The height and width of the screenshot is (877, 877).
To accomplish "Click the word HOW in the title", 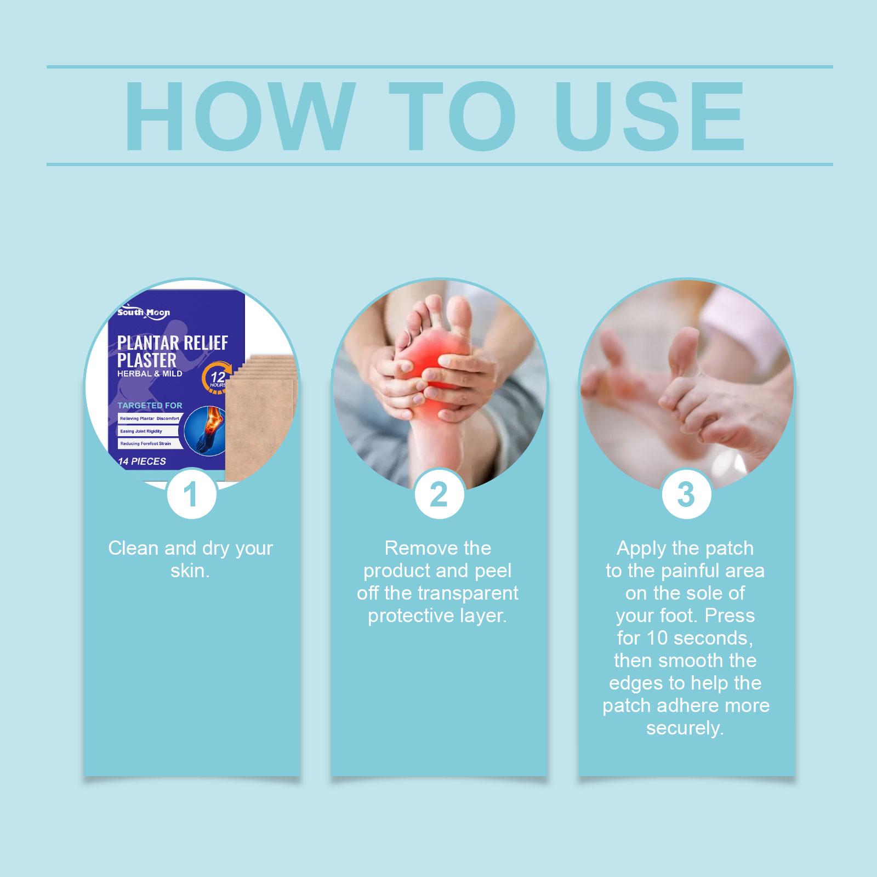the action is (x=237, y=117).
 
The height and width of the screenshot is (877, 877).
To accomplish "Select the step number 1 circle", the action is (x=190, y=494).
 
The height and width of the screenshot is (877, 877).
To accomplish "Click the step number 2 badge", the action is (x=438, y=494).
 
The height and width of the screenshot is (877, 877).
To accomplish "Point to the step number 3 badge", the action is (x=686, y=494).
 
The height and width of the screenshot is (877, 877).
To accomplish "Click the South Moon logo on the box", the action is (x=144, y=312).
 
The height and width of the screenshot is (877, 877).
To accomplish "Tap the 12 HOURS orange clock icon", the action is (x=218, y=378).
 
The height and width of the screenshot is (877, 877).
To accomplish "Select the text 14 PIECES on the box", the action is (x=142, y=462).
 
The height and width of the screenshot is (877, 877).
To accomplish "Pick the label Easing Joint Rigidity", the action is (x=141, y=431).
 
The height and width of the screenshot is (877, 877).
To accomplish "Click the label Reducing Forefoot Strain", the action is (x=145, y=443).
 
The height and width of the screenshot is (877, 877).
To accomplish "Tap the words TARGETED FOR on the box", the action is (x=150, y=406).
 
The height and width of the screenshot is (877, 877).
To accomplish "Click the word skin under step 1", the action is (x=190, y=571).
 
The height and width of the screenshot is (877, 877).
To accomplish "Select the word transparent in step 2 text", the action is (x=466, y=593).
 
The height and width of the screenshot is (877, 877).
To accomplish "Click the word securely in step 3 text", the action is (x=685, y=729).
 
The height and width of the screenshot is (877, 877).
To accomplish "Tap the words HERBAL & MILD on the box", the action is (x=150, y=374).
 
